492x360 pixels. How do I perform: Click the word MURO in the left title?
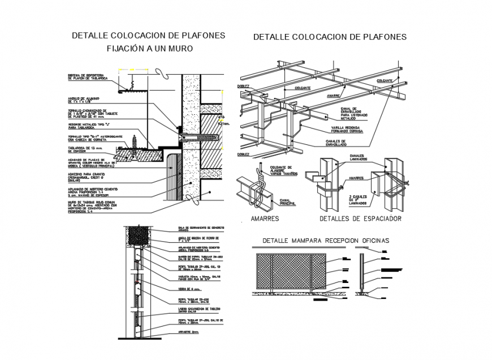pos(181,49)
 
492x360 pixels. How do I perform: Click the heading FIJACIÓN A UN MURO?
pos(150,49)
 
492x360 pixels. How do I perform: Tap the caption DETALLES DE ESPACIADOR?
pos(360,218)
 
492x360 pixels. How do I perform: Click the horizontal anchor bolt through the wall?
pos(201,137)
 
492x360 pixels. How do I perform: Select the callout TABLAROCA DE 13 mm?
pos(85,150)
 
